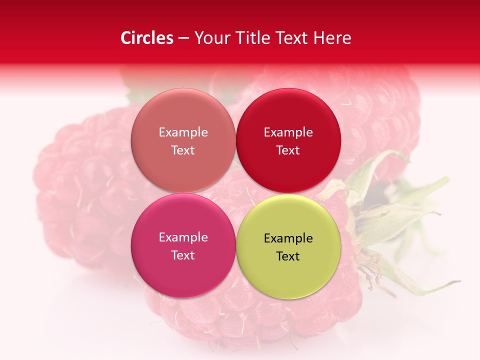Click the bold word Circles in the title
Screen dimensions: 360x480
pyautogui.click(x=147, y=38)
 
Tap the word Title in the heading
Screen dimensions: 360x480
pyautogui.click(x=254, y=38)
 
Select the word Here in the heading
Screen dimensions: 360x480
pyautogui.click(x=332, y=38)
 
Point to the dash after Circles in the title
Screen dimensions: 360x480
pyautogui.click(x=183, y=38)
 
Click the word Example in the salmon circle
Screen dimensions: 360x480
pyautogui.click(x=183, y=132)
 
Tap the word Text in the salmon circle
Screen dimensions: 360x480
pyautogui.click(x=183, y=150)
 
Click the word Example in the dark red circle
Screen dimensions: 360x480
pyautogui.click(x=288, y=132)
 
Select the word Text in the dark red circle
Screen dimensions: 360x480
pyautogui.click(x=288, y=150)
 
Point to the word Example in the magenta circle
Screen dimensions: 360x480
pyautogui.click(x=183, y=237)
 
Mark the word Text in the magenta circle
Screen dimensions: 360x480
pyautogui.click(x=183, y=255)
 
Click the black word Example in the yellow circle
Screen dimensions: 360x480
pyautogui.click(x=288, y=238)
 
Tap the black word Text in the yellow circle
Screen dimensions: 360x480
pyautogui.click(x=288, y=256)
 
